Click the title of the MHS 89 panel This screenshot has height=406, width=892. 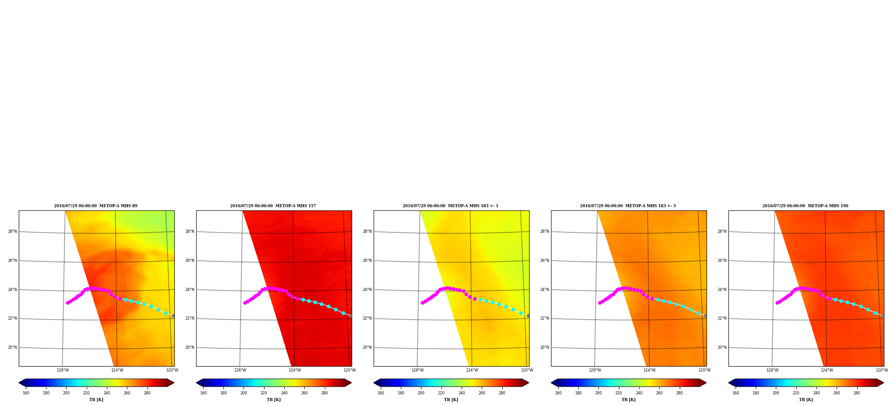96,206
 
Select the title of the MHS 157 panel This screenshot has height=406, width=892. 273,206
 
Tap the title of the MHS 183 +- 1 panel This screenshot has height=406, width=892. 450,206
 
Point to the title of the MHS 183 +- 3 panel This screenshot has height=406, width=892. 628,206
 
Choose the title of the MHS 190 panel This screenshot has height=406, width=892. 805,206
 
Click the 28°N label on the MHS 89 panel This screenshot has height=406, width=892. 12,231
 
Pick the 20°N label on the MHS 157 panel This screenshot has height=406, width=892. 189,347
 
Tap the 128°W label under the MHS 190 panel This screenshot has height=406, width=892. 772,370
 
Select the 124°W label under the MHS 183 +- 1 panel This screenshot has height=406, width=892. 472,370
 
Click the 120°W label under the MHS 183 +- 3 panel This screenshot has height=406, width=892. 704,370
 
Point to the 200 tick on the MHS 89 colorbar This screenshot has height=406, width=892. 66,393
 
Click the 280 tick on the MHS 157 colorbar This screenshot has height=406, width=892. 324,393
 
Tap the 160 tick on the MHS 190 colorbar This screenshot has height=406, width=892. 736,393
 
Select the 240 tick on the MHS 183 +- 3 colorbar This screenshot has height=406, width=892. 639,393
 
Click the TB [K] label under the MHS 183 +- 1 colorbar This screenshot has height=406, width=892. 451,400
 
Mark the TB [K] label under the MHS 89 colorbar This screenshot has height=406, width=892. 96,400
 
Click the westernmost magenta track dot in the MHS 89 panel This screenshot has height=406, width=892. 67,303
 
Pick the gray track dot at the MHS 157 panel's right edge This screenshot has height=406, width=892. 351,316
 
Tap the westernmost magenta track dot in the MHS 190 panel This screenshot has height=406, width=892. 777,303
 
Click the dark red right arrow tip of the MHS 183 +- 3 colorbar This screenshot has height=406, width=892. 706,383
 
